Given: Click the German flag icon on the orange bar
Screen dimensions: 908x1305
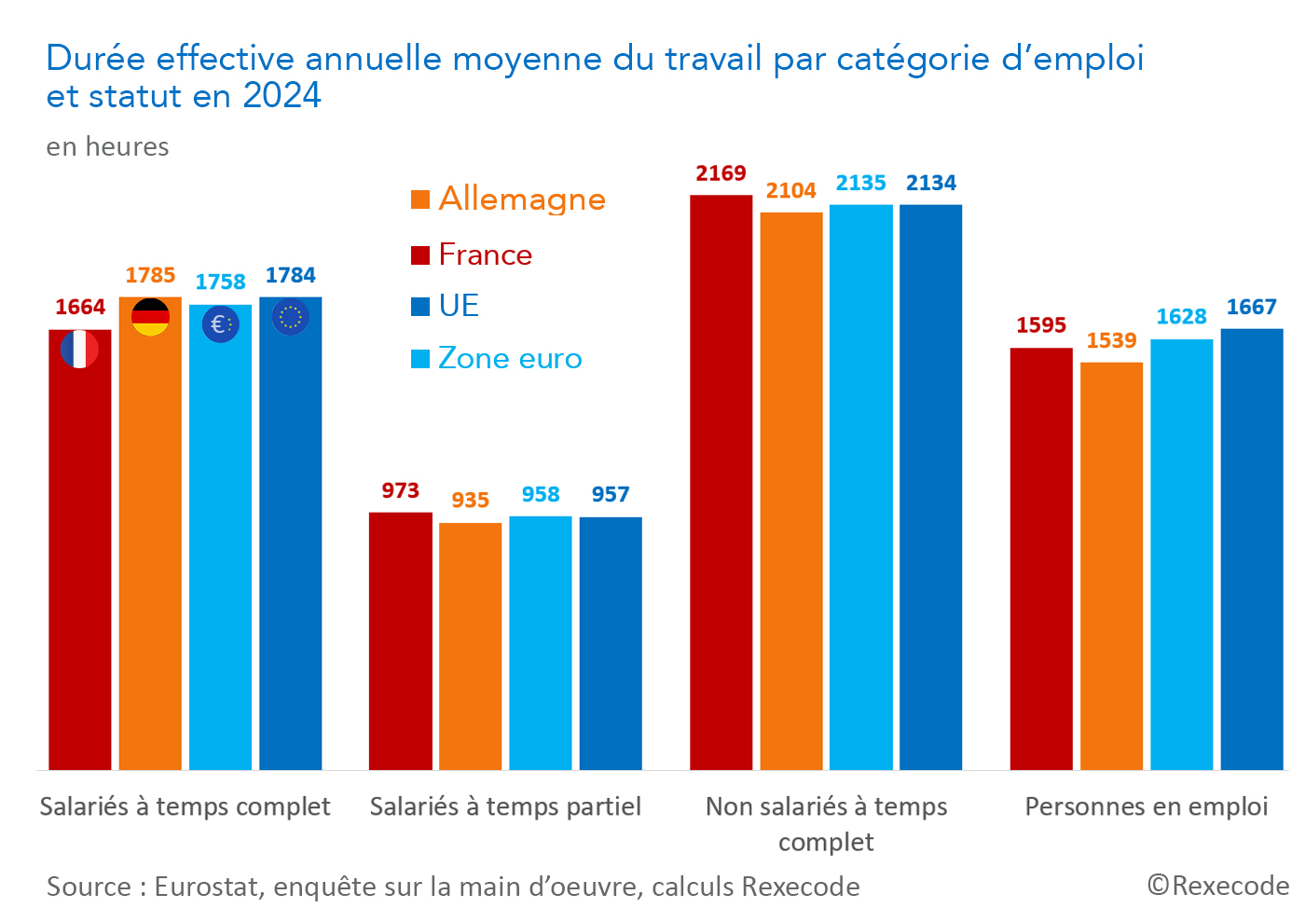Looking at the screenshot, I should [x=150, y=317].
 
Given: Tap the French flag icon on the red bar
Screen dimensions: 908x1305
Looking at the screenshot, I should [x=79, y=350].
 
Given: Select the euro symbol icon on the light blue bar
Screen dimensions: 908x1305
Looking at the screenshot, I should [x=220, y=324].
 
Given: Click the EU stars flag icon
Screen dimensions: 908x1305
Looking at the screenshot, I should [x=290, y=317].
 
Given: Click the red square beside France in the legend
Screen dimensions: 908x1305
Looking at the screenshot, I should [x=420, y=255].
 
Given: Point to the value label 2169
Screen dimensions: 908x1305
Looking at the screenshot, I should [x=721, y=173].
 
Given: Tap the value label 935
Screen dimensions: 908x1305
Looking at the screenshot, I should [x=470, y=501].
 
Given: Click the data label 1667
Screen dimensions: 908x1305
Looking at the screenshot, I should [x=1251, y=308].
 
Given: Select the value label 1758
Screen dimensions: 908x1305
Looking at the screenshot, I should [x=220, y=282].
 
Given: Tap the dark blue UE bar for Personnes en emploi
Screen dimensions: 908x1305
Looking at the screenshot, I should [x=1252, y=549].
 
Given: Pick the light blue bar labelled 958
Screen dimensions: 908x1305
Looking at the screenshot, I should [x=541, y=643].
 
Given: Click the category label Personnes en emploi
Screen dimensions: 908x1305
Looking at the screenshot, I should [x=1147, y=806].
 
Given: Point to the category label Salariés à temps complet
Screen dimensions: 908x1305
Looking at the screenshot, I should [x=185, y=806].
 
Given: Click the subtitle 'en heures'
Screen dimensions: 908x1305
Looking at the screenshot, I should [x=108, y=147].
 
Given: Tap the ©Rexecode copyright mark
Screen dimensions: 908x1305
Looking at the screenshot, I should [x=1217, y=886].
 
